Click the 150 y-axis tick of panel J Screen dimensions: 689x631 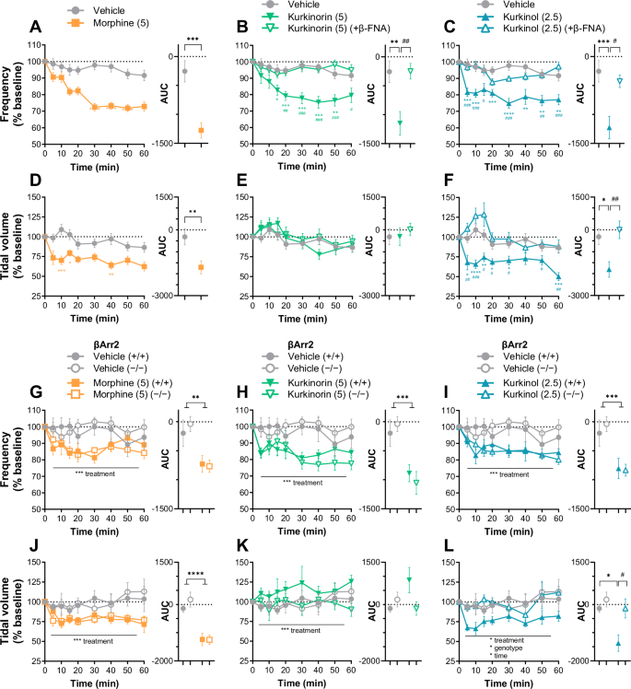29,560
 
